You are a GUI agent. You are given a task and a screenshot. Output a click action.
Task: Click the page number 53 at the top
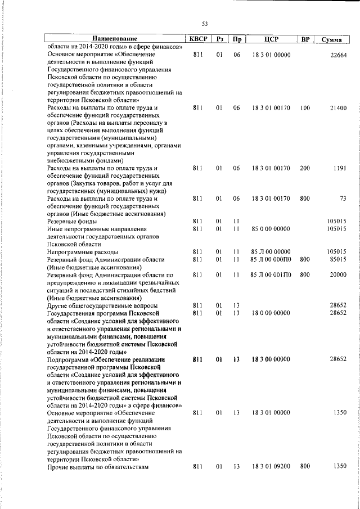pos(205,23)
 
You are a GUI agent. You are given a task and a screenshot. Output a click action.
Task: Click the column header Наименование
pos(115,39)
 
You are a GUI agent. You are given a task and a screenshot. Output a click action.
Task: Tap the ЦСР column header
pos(271,39)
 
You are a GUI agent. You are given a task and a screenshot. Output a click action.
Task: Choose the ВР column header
pos(305,39)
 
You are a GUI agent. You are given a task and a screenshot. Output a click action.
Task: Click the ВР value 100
pos(305,107)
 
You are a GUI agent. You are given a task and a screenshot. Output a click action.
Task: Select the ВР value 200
pos(305,168)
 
